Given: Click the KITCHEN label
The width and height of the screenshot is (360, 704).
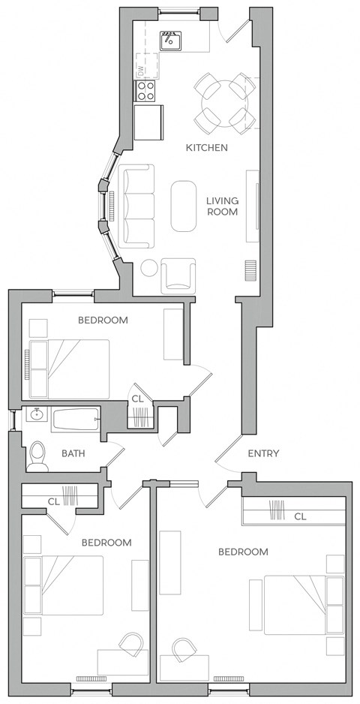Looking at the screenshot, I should [x=206, y=148].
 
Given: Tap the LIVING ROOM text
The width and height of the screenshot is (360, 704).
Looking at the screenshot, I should [x=222, y=206].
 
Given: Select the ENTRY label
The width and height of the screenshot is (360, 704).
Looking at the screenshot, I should [x=263, y=453].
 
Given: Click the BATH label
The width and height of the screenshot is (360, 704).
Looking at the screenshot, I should [x=73, y=453].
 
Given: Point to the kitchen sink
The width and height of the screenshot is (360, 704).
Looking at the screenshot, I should [x=172, y=41].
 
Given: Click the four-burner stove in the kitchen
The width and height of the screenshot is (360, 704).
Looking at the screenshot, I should [x=145, y=92].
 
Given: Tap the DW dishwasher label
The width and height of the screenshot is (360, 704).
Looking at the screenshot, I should [x=139, y=70].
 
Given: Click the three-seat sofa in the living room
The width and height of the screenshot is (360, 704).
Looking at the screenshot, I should [x=136, y=206].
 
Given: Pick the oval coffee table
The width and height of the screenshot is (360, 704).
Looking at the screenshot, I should [x=184, y=206].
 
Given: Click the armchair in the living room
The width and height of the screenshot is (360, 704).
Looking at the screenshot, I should [x=178, y=275].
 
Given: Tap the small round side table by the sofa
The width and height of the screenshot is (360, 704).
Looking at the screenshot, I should [x=149, y=268].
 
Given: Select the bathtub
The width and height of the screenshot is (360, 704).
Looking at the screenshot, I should [x=75, y=419].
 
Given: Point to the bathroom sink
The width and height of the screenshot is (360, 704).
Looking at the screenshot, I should [x=35, y=414].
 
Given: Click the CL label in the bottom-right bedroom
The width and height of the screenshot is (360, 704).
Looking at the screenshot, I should [x=300, y=516].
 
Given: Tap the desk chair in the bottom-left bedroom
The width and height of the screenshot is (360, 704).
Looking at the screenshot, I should [x=132, y=644].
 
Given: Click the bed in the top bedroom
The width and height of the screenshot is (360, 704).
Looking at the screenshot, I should [x=69, y=368].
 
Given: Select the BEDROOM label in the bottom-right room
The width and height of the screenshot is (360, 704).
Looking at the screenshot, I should [x=243, y=552].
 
